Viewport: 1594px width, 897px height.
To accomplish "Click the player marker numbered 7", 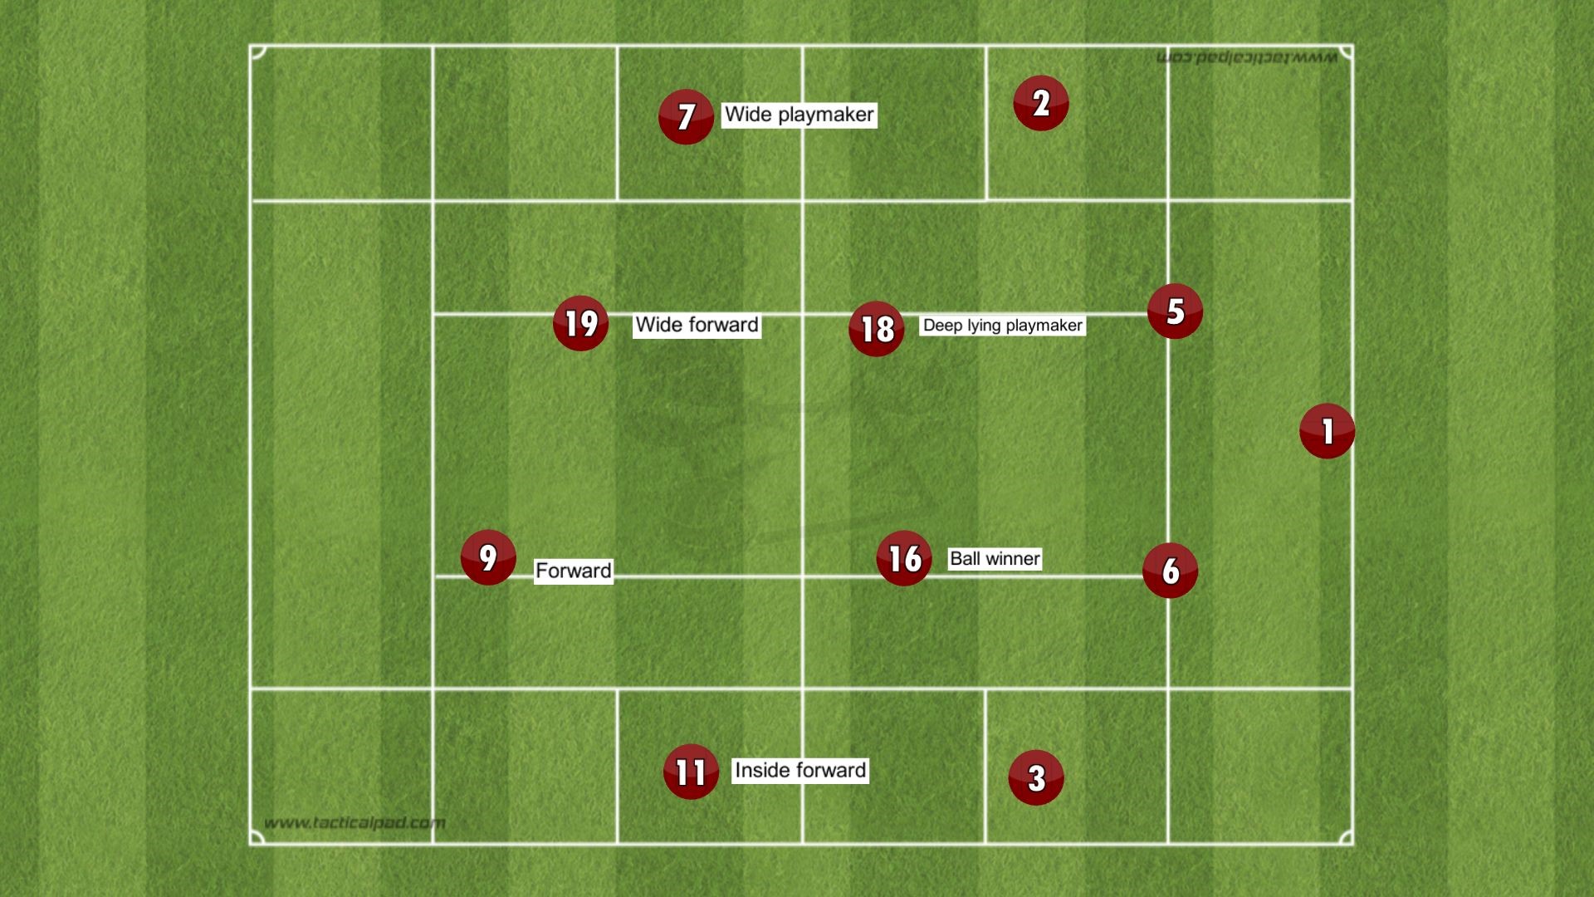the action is (x=686, y=116).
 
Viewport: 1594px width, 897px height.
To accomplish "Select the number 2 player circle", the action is (x=1040, y=103).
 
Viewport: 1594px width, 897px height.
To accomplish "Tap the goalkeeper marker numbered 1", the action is (x=1327, y=431).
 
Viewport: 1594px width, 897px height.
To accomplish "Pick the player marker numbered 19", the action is (x=580, y=323).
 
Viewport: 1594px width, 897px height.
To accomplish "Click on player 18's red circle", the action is (x=876, y=329).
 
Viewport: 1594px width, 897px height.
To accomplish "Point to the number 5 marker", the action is (x=1175, y=311).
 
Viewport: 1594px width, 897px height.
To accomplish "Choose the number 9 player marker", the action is (x=488, y=557).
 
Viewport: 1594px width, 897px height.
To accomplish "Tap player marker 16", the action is (x=904, y=558).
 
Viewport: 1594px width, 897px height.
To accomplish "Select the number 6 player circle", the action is (x=1170, y=570).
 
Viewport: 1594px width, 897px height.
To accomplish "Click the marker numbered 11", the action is (x=691, y=772).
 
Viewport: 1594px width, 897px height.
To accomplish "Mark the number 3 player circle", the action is (x=1036, y=777).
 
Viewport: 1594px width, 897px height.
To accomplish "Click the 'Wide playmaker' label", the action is (x=799, y=115).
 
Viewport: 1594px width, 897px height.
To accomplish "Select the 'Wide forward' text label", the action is (x=697, y=325).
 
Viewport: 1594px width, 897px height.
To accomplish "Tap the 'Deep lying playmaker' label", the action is (x=1003, y=326).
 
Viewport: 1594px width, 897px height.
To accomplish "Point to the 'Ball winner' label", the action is (x=995, y=559).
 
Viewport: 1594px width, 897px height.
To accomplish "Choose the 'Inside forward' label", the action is (x=800, y=771).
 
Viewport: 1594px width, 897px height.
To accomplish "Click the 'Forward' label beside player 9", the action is (x=574, y=571).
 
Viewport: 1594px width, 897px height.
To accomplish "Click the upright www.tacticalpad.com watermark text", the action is (x=354, y=823).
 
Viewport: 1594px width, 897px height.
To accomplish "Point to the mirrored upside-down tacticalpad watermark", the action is (x=1247, y=57).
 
